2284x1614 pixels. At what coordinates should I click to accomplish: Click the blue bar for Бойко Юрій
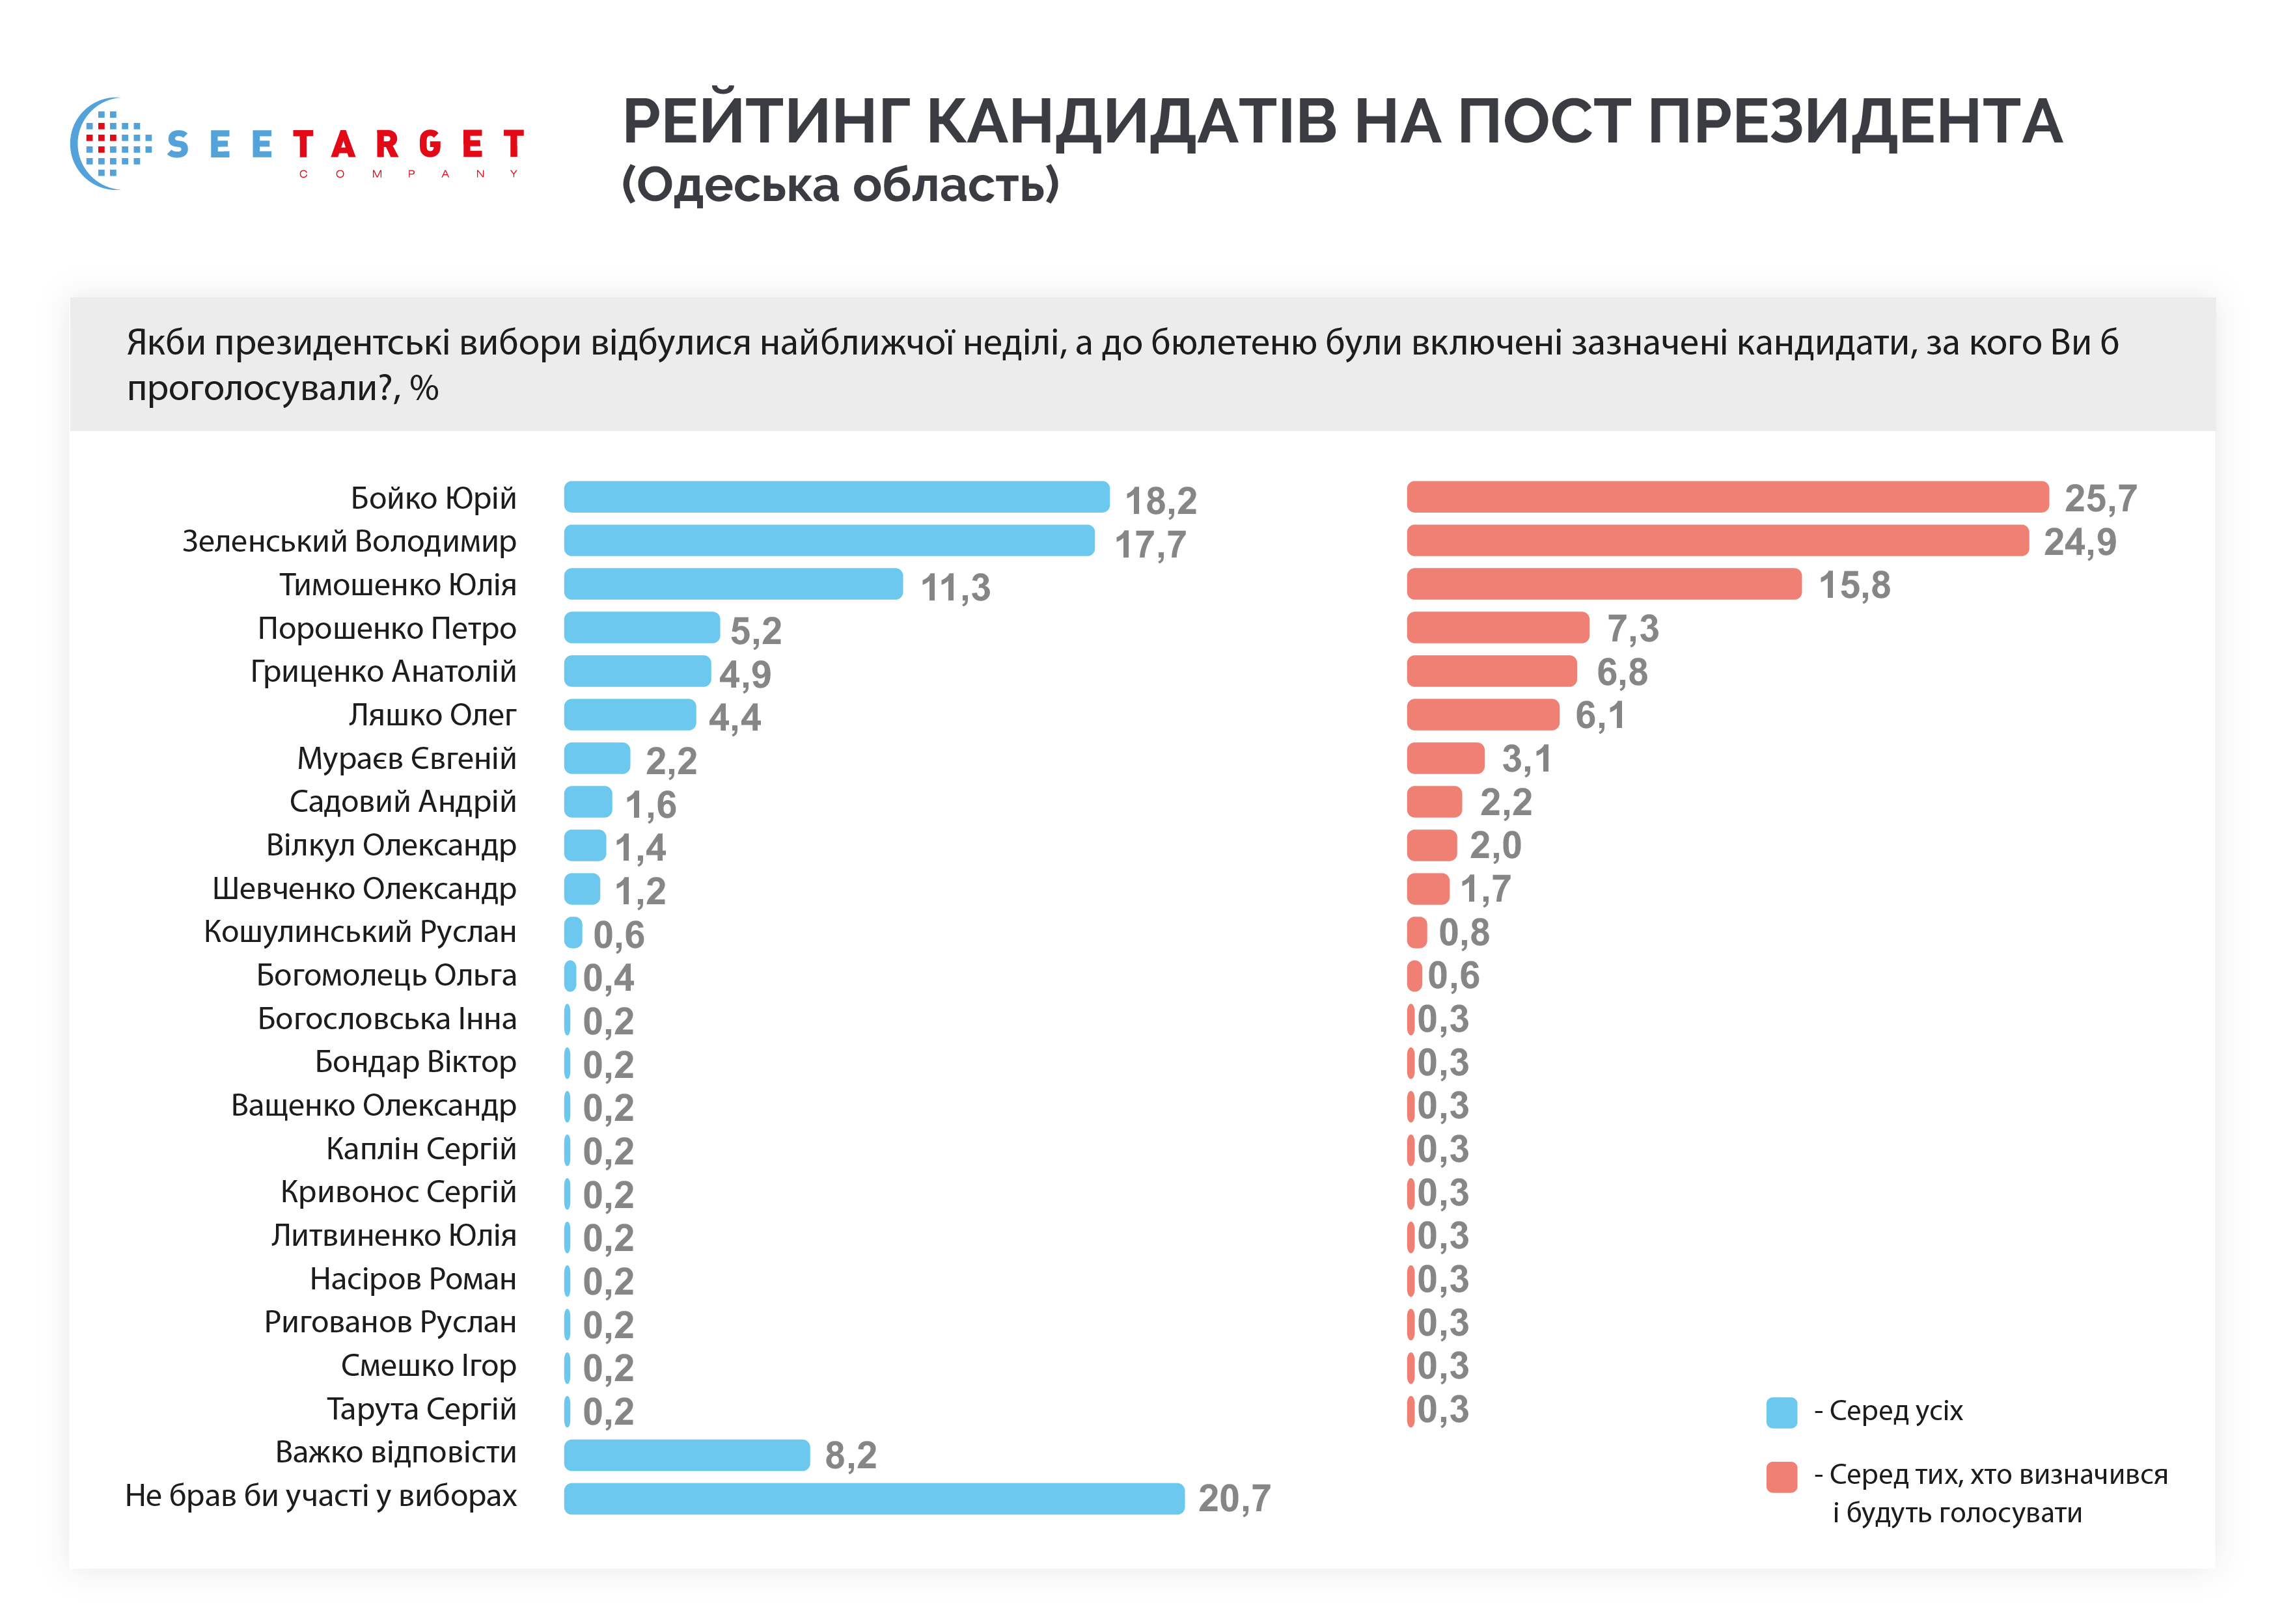836,497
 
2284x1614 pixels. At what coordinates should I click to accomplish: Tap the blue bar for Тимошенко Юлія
733,584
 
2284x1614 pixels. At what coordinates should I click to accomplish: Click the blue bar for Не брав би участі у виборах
874,1498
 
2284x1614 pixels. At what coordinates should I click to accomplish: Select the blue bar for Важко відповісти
687,1454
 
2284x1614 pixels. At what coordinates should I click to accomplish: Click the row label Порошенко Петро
387,628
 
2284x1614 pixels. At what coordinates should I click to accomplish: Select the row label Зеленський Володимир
349,542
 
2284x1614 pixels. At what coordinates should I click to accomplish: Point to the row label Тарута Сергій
422,1409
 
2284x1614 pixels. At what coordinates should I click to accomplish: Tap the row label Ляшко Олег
432,715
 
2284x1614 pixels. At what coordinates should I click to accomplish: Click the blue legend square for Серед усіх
1781,1412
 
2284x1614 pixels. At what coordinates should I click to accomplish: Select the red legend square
1781,1477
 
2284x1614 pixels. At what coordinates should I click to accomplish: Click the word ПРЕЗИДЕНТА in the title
1854,122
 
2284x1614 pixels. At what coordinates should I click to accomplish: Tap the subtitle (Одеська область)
840,185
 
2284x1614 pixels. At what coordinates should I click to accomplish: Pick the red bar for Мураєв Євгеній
1446,758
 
